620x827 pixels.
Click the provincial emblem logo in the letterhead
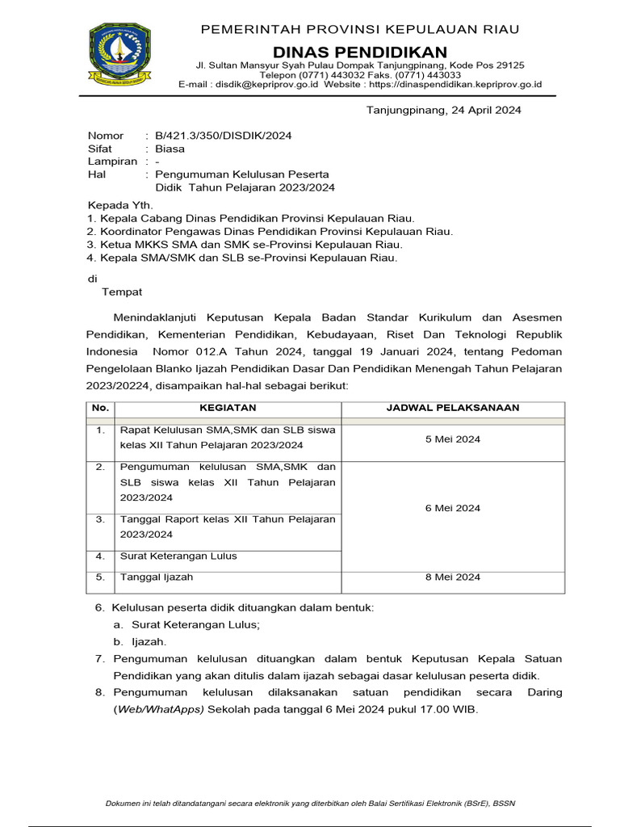point(119,56)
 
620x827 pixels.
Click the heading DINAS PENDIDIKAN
point(359,52)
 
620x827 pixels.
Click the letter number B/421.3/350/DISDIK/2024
point(223,136)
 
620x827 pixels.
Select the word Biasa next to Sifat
point(170,149)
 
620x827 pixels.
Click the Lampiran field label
point(112,162)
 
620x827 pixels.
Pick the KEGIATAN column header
point(228,408)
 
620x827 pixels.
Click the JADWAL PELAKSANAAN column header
point(452,408)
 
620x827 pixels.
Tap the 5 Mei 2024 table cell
point(452,439)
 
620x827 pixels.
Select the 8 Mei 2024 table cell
point(452,577)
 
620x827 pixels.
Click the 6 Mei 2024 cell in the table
point(452,508)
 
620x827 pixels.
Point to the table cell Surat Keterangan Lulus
point(178,556)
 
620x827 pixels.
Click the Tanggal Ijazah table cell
point(157,577)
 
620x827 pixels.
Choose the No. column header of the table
point(100,408)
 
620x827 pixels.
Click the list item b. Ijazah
point(140,641)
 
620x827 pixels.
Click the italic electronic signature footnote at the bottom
point(311,803)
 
